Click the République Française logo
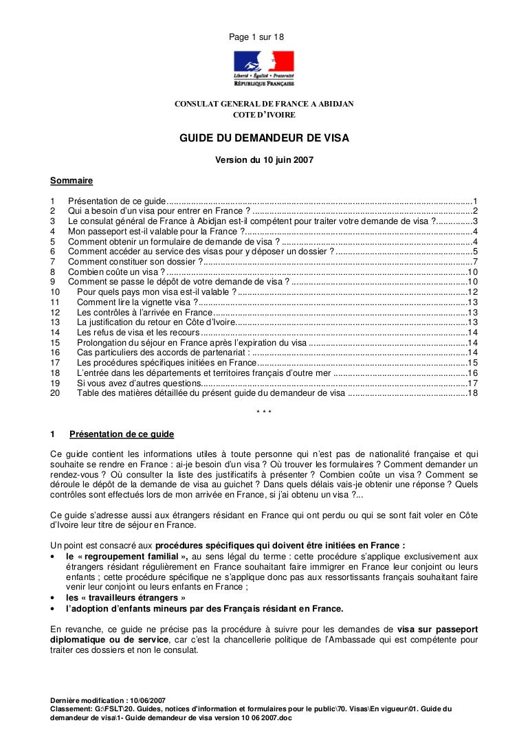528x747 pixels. pos(263,69)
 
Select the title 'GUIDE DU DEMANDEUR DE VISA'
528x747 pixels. pos(264,138)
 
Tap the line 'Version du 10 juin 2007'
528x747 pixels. pos(264,161)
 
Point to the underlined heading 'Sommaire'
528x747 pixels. pos(71,181)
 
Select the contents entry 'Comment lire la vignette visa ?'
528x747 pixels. pos(135,302)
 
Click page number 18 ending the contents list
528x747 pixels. pos(472,393)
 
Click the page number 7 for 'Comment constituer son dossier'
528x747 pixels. pos(475,261)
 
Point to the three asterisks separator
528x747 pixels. pos(263,412)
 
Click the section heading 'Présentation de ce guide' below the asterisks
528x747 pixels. pos(122,434)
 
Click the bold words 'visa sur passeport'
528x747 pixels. pos(437,629)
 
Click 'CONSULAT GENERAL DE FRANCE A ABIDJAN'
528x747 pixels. pos(264,104)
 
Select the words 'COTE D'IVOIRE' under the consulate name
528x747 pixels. pos(264,115)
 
